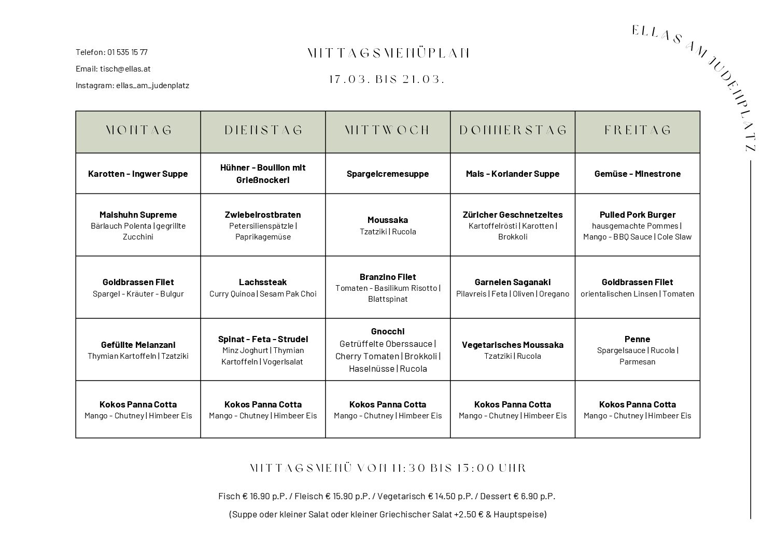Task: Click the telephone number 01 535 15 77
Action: click(x=128, y=52)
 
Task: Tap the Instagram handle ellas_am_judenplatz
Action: click(x=152, y=85)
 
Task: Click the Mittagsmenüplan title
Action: click(x=388, y=53)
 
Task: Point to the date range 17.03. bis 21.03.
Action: click(x=388, y=79)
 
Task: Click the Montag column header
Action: click(x=138, y=130)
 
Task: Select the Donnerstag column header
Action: click(x=513, y=130)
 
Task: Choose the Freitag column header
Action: click(x=638, y=130)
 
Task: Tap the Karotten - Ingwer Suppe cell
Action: click(x=138, y=174)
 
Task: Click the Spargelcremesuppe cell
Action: click(x=388, y=174)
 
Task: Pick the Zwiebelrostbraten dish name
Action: click(x=263, y=215)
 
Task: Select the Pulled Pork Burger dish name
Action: click(x=638, y=215)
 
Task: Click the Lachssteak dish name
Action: click(x=263, y=282)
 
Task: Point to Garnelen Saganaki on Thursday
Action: click(x=513, y=282)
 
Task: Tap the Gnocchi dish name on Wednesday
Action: click(x=388, y=331)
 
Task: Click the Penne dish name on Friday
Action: click(x=637, y=339)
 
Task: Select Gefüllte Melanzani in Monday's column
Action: click(x=138, y=345)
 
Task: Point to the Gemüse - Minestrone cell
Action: click(x=638, y=174)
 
